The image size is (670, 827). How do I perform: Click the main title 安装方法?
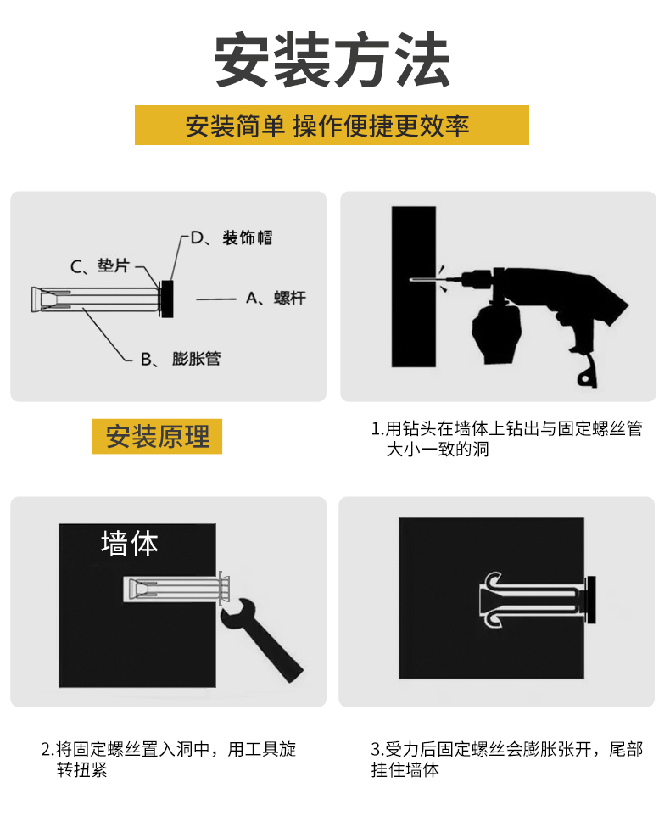point(332,61)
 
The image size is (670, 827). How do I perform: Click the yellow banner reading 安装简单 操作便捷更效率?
point(332,126)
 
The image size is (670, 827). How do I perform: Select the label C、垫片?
point(100,266)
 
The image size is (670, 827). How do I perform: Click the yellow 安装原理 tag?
point(157,437)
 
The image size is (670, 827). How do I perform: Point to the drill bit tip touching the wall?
point(412,279)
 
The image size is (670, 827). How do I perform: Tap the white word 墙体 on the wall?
point(129,543)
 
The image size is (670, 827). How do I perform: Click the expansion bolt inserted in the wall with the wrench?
point(174,589)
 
